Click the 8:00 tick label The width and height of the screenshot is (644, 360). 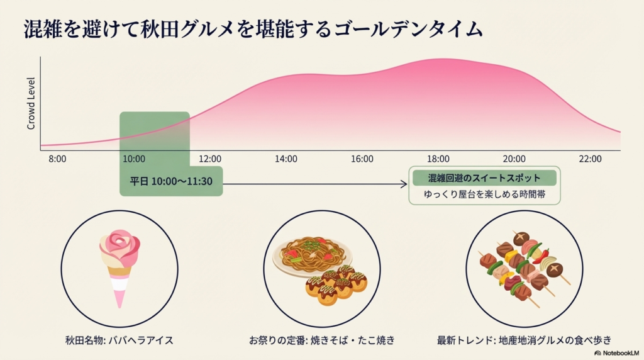(57, 159)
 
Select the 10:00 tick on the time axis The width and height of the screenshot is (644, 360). (134, 159)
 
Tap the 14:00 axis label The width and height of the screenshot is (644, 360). (286, 159)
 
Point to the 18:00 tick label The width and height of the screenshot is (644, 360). (438, 159)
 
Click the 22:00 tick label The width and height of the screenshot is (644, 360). (591, 159)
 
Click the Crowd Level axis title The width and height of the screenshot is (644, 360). (31, 104)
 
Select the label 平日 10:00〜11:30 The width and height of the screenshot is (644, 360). (171, 182)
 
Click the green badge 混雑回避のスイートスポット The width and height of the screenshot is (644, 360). (484, 178)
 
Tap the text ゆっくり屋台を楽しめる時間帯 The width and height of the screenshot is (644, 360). (484, 195)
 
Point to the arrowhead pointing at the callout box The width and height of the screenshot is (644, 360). (404, 184)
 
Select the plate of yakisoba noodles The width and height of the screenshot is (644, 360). (313, 252)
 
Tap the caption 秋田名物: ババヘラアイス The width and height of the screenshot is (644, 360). (119, 340)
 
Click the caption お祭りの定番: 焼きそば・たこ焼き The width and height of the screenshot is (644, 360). (322, 340)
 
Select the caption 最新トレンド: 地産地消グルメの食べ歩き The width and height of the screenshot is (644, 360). (524, 340)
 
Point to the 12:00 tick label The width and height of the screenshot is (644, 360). (210, 159)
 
